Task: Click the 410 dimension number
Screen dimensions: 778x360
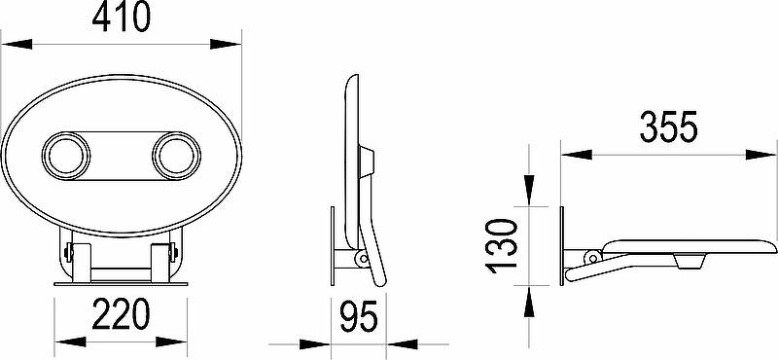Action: pyautogui.click(x=121, y=18)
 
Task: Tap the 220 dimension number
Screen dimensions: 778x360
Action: pyautogui.click(x=121, y=314)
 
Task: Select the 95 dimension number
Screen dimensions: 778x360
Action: pyautogui.click(x=359, y=317)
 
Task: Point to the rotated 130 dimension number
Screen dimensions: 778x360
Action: pyautogui.click(x=502, y=246)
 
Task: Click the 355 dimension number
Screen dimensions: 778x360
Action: pyautogui.click(x=669, y=127)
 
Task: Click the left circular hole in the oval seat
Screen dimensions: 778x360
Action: pyautogui.click(x=66, y=156)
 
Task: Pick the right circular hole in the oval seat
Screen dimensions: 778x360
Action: pyautogui.click(x=177, y=156)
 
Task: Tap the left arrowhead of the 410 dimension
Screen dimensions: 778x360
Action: pyautogui.click(x=17, y=44)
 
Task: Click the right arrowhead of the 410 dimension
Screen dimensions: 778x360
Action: pyautogui.click(x=226, y=44)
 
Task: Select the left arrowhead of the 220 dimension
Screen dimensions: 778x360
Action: pyautogui.click(x=70, y=342)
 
